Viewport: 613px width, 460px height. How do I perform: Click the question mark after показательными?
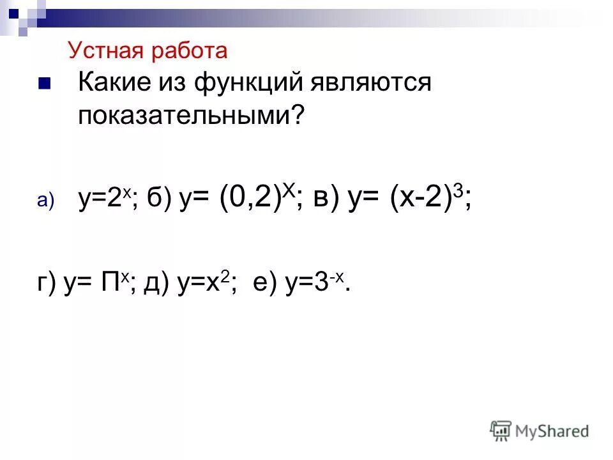pos(296,115)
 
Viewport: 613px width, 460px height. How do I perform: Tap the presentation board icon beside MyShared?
pos(501,431)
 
